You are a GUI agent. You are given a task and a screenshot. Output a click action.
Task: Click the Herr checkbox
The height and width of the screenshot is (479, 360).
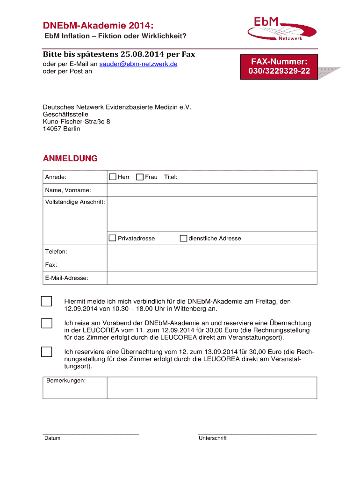[112, 177]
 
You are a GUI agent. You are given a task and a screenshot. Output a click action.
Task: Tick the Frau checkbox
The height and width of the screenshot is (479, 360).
[139, 177]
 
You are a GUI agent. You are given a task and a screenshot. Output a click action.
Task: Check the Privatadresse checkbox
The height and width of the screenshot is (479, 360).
[112, 238]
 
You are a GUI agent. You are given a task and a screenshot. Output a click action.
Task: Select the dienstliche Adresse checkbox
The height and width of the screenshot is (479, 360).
[183, 238]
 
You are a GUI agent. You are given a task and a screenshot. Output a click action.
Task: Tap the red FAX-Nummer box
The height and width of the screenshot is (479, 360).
[279, 66]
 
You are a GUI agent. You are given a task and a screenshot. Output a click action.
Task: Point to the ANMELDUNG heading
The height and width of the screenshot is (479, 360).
[70, 159]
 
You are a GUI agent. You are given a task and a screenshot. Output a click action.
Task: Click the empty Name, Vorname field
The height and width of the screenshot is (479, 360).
[212, 190]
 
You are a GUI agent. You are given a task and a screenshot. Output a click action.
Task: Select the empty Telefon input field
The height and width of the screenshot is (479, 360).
[212, 252]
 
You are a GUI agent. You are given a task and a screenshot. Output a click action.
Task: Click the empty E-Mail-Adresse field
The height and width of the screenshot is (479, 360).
[212, 278]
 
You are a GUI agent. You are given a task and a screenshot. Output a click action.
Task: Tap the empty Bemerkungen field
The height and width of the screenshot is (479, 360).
[212, 388]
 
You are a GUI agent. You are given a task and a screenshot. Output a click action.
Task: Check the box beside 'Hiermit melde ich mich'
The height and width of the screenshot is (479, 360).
[46, 301]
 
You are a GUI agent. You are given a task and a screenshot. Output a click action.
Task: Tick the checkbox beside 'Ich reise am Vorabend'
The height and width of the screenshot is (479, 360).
[46, 323]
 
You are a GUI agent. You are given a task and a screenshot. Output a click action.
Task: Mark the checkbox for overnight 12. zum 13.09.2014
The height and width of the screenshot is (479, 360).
[46, 351]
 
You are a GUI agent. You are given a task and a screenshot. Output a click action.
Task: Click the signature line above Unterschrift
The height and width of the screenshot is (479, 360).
[257, 434]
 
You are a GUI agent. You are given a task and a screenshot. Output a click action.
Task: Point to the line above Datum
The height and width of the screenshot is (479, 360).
[91, 434]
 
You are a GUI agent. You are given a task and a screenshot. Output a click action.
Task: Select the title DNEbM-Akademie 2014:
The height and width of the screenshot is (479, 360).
[98, 25]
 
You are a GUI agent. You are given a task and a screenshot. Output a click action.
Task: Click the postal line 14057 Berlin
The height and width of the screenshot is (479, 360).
[61, 129]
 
